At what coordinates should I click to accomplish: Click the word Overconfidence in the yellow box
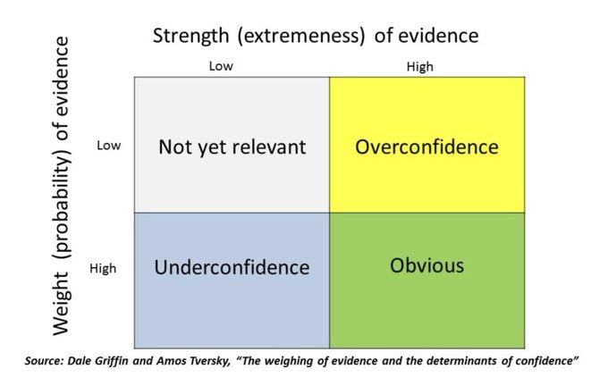click(x=426, y=147)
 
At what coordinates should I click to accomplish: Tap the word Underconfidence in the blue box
click(x=232, y=267)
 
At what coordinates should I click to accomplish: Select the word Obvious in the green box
click(x=426, y=266)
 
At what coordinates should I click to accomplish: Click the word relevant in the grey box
click(x=269, y=147)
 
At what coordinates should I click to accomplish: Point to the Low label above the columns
click(x=221, y=66)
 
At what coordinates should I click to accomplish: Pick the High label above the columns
click(x=420, y=67)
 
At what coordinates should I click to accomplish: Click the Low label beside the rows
click(x=109, y=146)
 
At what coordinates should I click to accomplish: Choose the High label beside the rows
click(x=103, y=268)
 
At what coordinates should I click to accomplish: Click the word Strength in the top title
click(x=190, y=36)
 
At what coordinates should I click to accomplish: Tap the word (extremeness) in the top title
click(x=301, y=36)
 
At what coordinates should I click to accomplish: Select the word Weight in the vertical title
click(x=62, y=304)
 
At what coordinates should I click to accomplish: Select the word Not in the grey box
click(x=172, y=147)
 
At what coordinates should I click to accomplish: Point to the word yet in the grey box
click(x=207, y=148)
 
